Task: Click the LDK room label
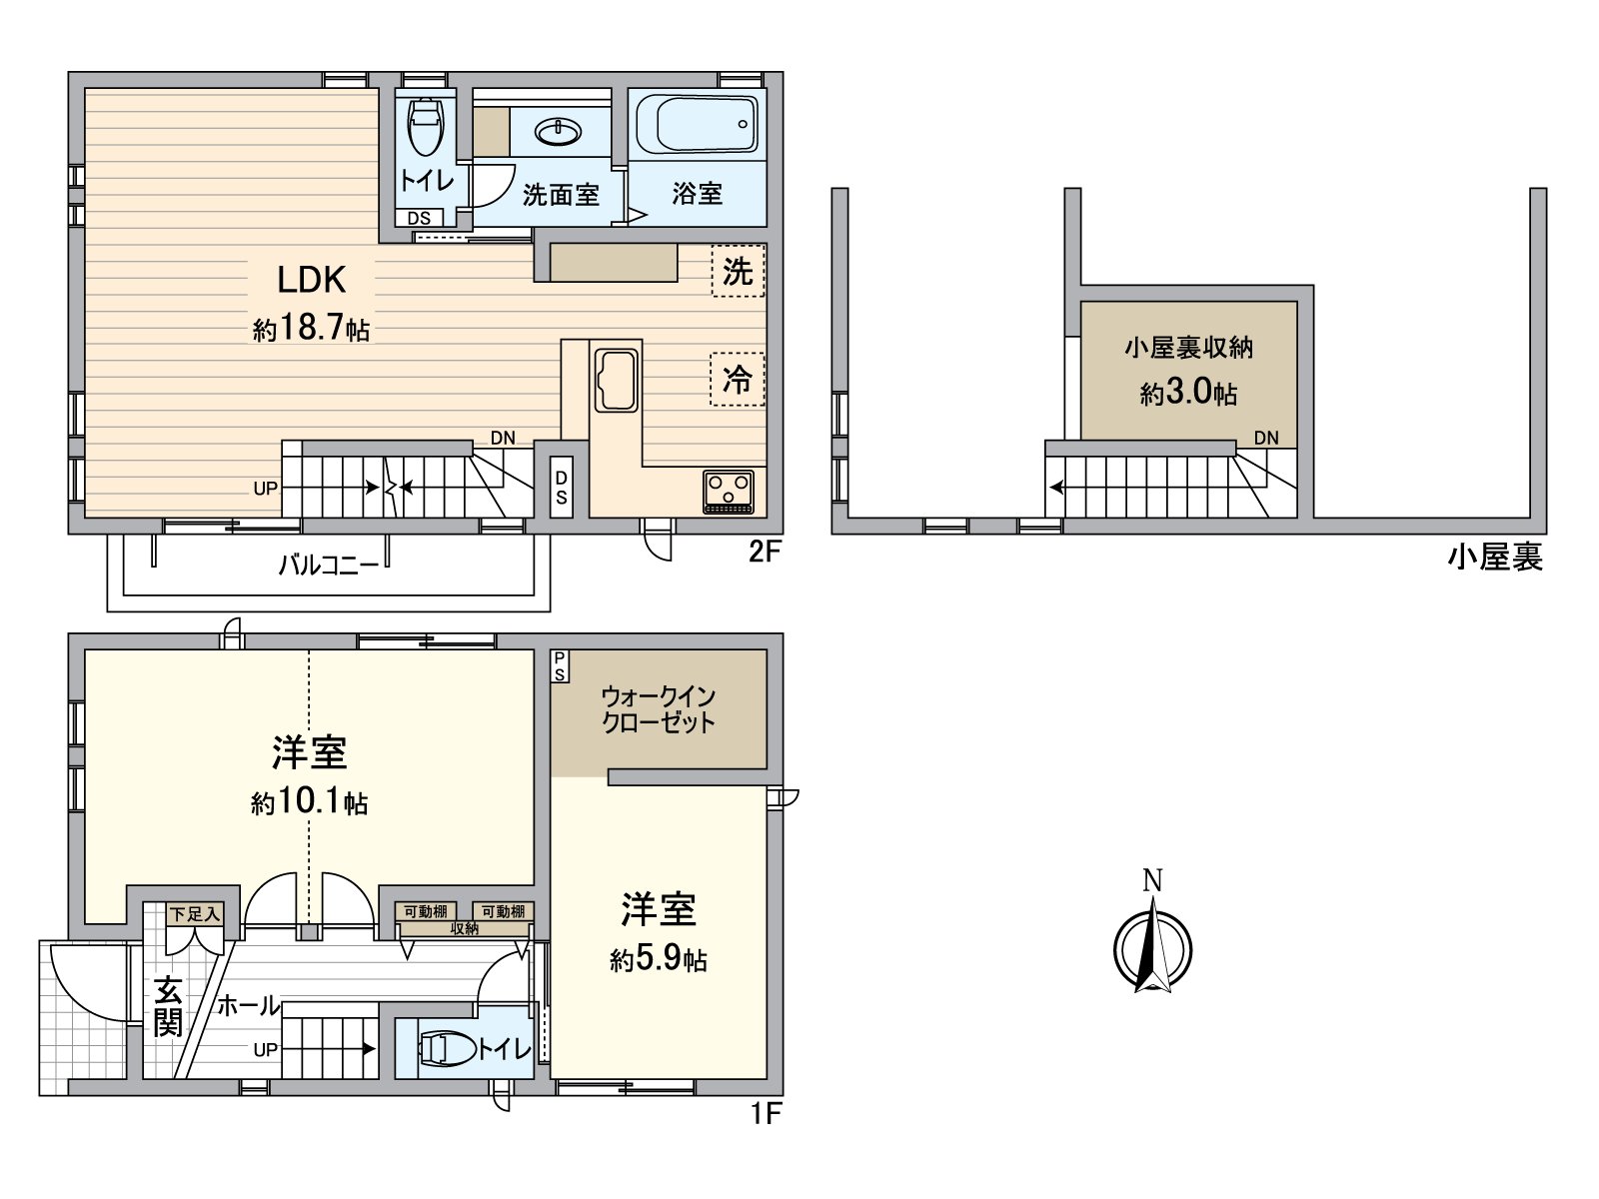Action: pyautogui.click(x=311, y=280)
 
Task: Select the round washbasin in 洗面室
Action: pyautogui.click(x=560, y=131)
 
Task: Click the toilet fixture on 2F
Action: pyautogui.click(x=425, y=126)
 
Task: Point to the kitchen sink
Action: pyautogui.click(x=616, y=381)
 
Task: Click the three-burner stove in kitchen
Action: pyautogui.click(x=729, y=491)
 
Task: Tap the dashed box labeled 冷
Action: pyautogui.click(x=738, y=380)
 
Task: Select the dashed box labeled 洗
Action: pyautogui.click(x=738, y=271)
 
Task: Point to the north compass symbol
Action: pyautogui.click(x=1152, y=944)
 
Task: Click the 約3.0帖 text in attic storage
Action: pyautogui.click(x=1188, y=394)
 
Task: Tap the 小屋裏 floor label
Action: pyautogui.click(x=1494, y=558)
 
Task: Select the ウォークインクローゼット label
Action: pyautogui.click(x=659, y=709)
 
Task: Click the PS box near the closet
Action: pyautogui.click(x=560, y=666)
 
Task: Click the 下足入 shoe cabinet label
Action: pyautogui.click(x=194, y=913)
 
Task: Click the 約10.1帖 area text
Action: pyautogui.click(x=309, y=803)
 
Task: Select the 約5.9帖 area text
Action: pyautogui.click(x=659, y=960)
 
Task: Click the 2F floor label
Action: pyautogui.click(x=764, y=553)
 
